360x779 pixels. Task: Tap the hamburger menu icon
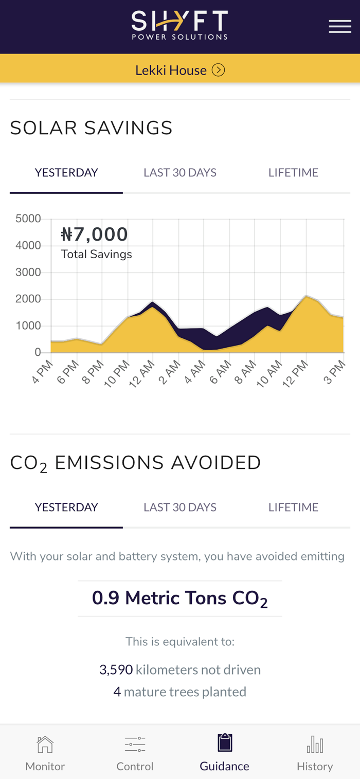coord(340,27)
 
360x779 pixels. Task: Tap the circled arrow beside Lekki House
coord(219,70)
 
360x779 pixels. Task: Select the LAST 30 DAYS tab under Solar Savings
coord(180,173)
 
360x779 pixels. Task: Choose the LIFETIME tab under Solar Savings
coord(293,173)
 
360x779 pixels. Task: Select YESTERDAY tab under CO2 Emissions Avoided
coord(66,508)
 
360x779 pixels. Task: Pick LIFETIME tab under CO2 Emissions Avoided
coord(293,508)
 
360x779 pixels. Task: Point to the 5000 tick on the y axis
coord(28,219)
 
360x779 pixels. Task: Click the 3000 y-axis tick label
coord(28,273)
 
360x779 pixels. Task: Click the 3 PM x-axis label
coord(335,371)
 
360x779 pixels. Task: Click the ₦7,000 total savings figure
coord(95,235)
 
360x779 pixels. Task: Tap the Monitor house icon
coord(45,744)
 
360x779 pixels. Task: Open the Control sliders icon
coord(135,744)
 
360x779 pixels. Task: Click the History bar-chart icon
coord(315,744)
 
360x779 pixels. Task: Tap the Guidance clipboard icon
coord(225,742)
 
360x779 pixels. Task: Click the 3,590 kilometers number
coord(116,670)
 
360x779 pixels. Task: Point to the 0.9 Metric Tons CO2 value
coord(180,599)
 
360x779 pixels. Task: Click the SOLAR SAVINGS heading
coord(92,128)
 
